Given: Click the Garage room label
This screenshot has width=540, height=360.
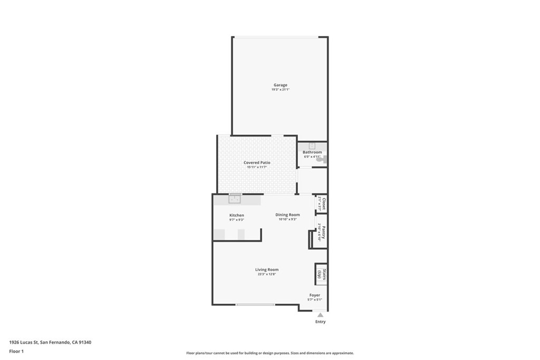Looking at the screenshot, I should (x=280, y=85).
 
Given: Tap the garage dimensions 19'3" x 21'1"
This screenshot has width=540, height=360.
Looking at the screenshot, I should (x=280, y=90).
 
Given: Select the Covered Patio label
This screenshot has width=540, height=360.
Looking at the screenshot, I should (x=257, y=163).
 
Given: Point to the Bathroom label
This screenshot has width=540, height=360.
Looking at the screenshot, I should (x=312, y=152).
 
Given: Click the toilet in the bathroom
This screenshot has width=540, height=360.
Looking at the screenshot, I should (x=324, y=159).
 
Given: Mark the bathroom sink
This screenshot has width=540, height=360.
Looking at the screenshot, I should (x=312, y=146).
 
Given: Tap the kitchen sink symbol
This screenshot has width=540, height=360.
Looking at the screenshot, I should (x=235, y=198).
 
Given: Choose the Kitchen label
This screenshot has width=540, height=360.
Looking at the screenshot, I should (x=236, y=215).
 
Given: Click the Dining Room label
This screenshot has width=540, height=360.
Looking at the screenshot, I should (x=287, y=215).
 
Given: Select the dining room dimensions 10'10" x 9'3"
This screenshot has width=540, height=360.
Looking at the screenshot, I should (x=287, y=219).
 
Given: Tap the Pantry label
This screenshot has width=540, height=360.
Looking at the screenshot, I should (x=323, y=232).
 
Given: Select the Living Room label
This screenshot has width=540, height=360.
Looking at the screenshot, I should (x=266, y=269).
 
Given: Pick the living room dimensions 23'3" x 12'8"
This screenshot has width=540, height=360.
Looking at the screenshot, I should (x=266, y=274).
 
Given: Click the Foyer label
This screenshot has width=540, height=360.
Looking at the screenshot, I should (x=314, y=295).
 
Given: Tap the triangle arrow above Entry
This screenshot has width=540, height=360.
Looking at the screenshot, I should (x=320, y=315).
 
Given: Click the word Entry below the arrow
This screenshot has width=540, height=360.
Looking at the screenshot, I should (x=320, y=322).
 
